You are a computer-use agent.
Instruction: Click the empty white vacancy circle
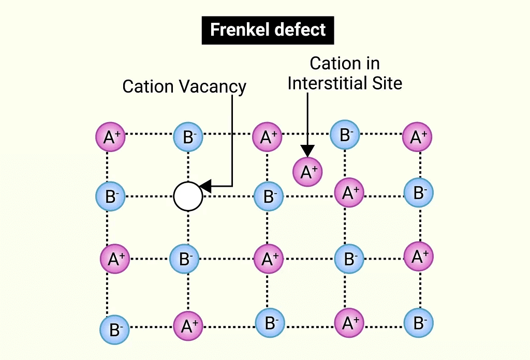(188, 197)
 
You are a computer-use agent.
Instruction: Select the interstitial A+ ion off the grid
(308, 171)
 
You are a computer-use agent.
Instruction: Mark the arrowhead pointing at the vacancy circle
(205, 186)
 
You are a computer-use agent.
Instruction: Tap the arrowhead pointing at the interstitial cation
(308, 151)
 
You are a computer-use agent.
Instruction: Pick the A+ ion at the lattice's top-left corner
(111, 137)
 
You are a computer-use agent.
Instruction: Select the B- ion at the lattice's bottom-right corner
(418, 323)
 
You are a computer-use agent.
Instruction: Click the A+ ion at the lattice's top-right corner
(417, 137)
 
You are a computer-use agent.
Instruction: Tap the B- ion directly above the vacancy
(187, 137)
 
